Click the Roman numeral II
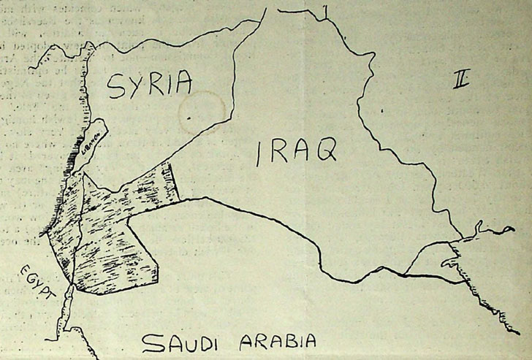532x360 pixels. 461,81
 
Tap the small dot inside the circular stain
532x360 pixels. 189,117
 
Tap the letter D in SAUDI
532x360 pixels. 208,342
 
